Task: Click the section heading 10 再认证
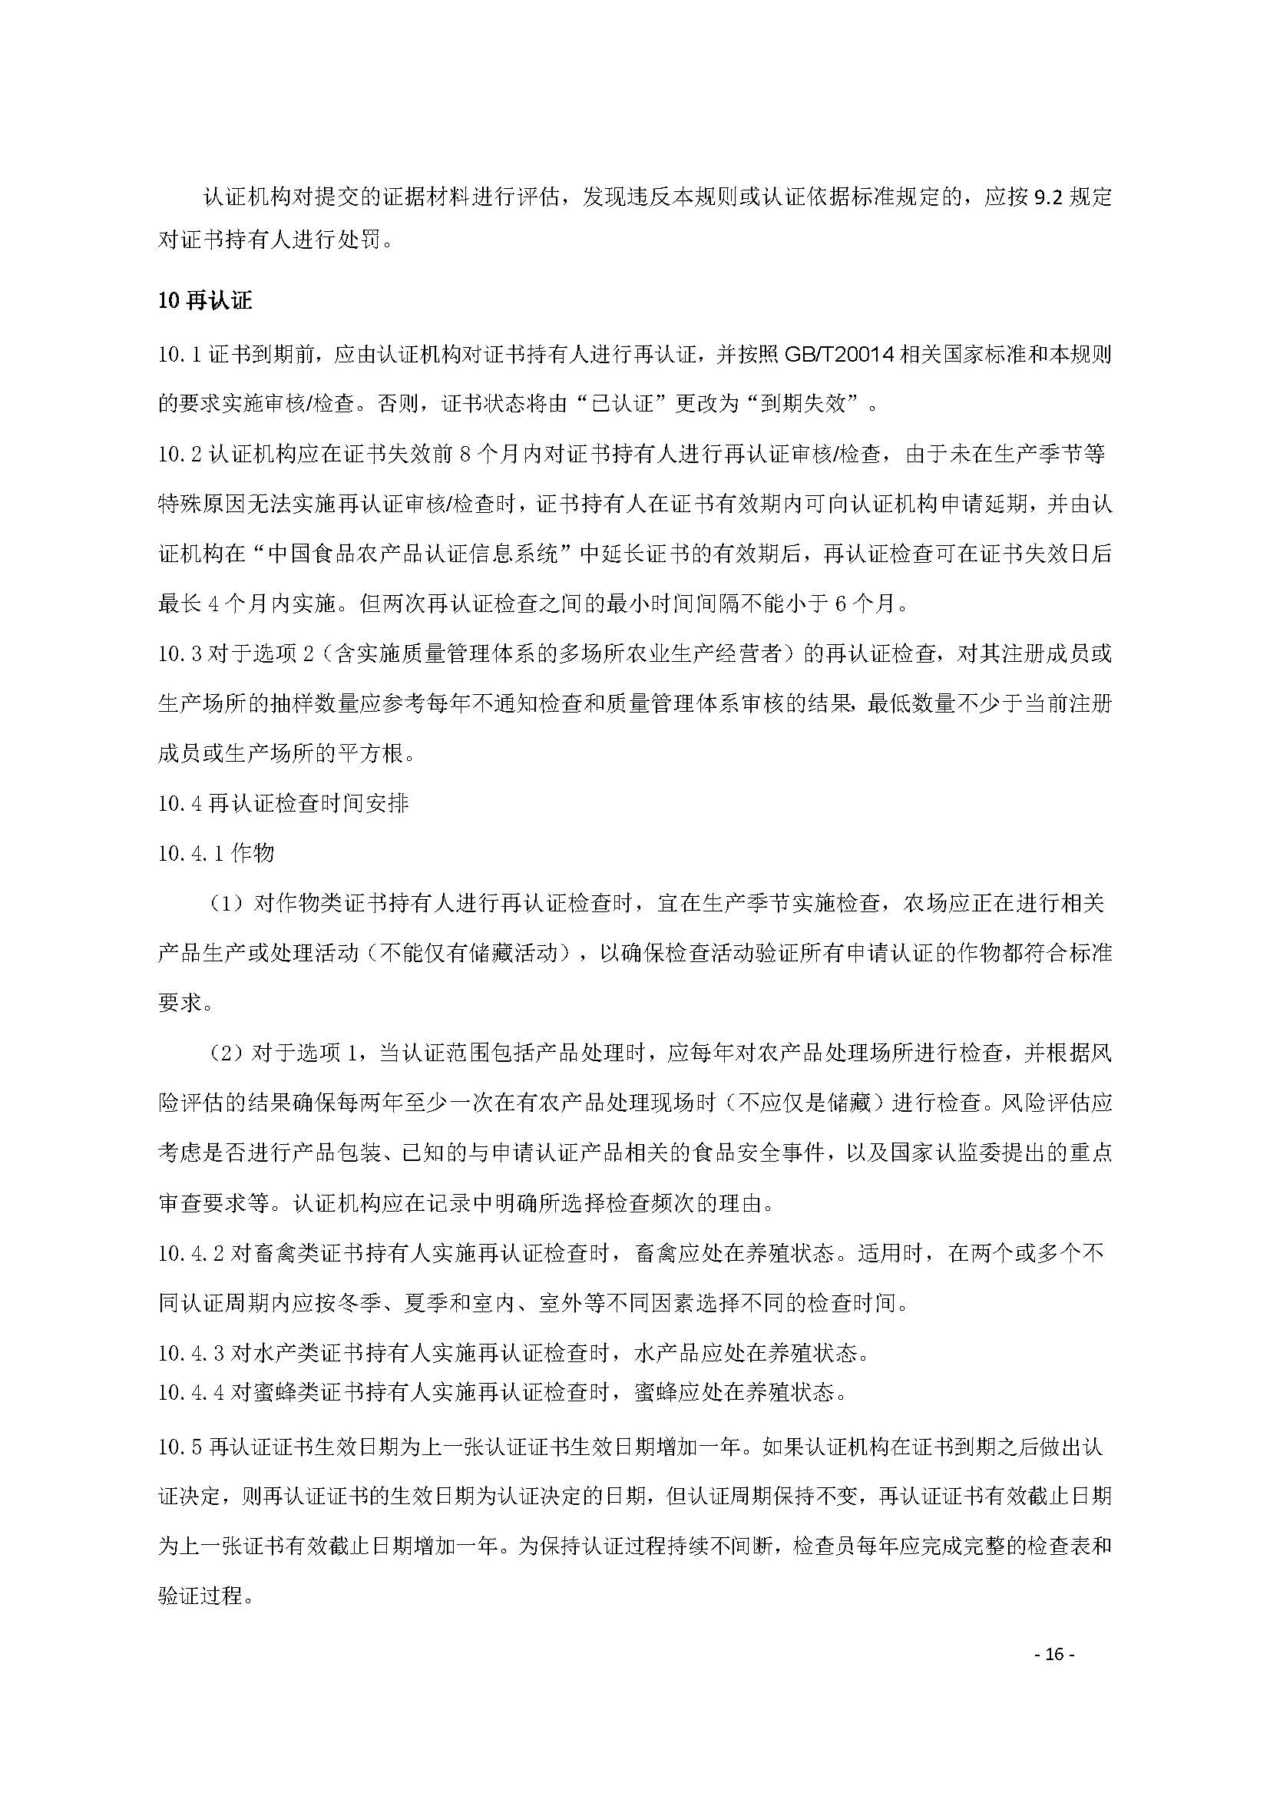(x=205, y=300)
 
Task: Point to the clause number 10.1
(x=180, y=356)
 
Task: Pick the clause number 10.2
(x=180, y=455)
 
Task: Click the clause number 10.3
(x=180, y=654)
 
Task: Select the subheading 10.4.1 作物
(x=216, y=852)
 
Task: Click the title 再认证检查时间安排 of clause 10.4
(x=309, y=803)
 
